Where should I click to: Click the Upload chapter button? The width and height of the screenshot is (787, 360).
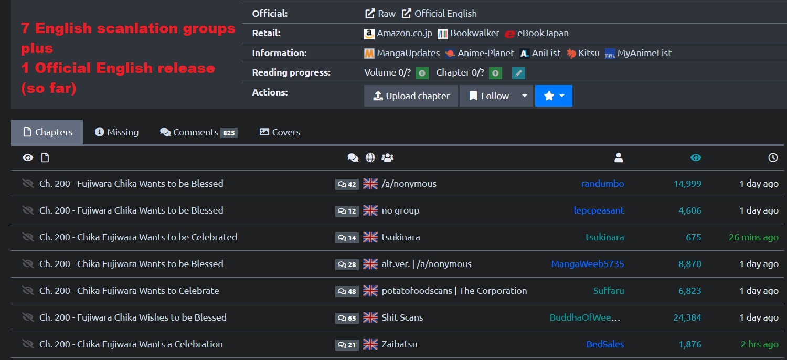coord(411,96)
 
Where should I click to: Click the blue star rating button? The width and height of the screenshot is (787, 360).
coord(554,96)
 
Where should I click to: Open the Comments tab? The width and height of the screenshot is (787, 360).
coord(198,132)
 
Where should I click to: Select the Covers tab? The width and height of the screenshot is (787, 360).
coord(280,132)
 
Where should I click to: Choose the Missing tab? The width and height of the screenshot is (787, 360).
coord(116,132)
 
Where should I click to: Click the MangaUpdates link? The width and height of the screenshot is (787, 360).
coord(402,53)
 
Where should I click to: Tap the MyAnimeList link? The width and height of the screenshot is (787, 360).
coord(638,53)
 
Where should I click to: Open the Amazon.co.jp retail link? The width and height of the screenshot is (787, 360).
coord(398,33)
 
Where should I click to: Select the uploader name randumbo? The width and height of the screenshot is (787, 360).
coord(602,184)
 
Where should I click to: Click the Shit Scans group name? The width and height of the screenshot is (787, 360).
coord(402,317)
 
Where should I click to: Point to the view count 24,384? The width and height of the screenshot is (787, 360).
coord(687,317)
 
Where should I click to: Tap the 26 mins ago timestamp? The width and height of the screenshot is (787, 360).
coord(753,237)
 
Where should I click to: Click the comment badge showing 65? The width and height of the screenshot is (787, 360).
coord(347,318)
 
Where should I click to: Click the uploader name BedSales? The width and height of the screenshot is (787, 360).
coord(605,344)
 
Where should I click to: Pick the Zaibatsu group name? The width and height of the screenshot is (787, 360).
coord(399,344)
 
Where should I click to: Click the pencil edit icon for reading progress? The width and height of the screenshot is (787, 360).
coord(519,73)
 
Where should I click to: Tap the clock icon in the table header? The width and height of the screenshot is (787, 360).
coord(773,157)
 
